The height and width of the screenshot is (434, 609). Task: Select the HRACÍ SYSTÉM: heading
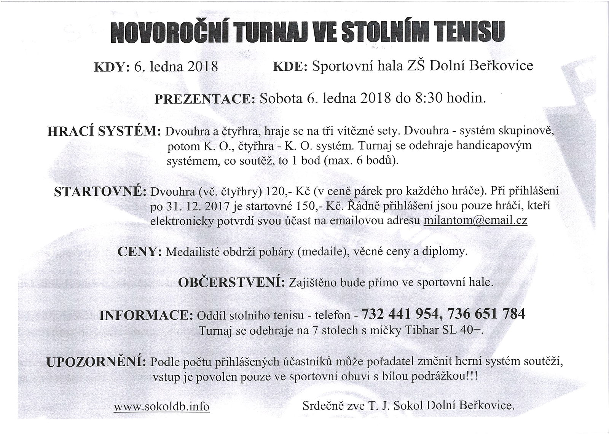(x=104, y=131)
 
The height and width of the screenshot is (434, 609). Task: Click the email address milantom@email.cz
(x=475, y=221)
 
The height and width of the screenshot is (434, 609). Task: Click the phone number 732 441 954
(x=401, y=314)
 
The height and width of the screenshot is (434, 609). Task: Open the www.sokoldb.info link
(x=161, y=407)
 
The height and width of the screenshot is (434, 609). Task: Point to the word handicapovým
(x=493, y=146)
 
